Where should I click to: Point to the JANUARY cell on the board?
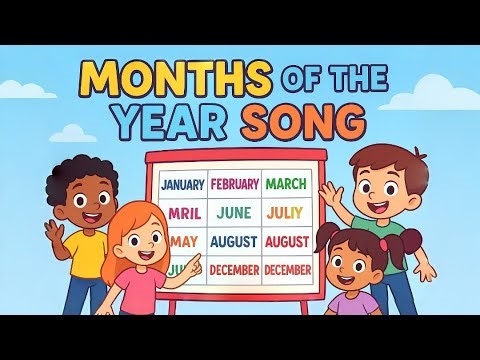(181, 184)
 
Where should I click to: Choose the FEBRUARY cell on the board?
(235, 184)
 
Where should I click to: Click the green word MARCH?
(287, 184)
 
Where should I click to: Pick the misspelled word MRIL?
(182, 213)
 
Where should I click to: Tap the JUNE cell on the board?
(234, 213)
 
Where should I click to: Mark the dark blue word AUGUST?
(234, 241)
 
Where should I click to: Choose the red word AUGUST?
(287, 241)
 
